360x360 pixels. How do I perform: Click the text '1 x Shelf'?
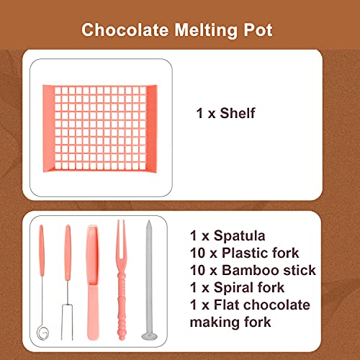226,113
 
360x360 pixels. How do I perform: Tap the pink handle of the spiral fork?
42,248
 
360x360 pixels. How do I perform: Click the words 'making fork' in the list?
230,322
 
